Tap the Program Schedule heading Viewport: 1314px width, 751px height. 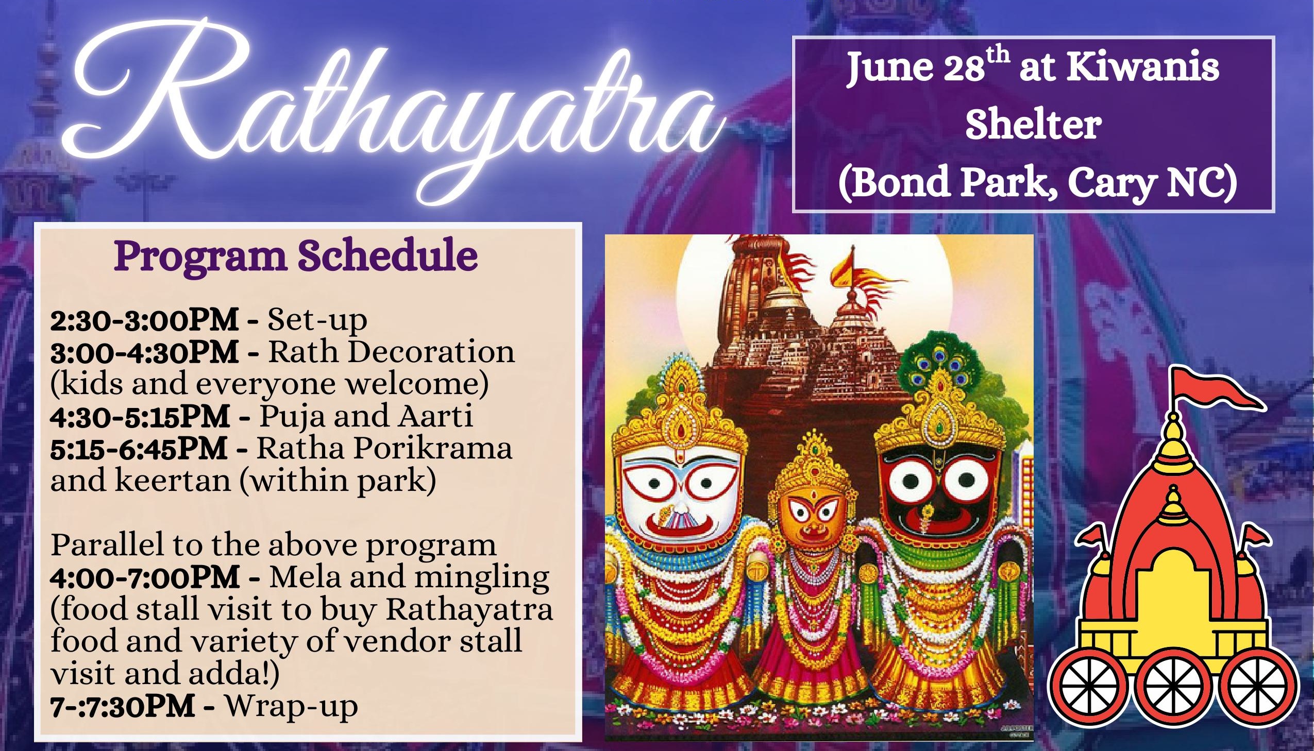point(296,257)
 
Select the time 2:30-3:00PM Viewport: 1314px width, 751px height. point(144,320)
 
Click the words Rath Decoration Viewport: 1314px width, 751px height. point(391,352)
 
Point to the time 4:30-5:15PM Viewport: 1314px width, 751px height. point(140,416)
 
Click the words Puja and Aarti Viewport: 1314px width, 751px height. point(366,417)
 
